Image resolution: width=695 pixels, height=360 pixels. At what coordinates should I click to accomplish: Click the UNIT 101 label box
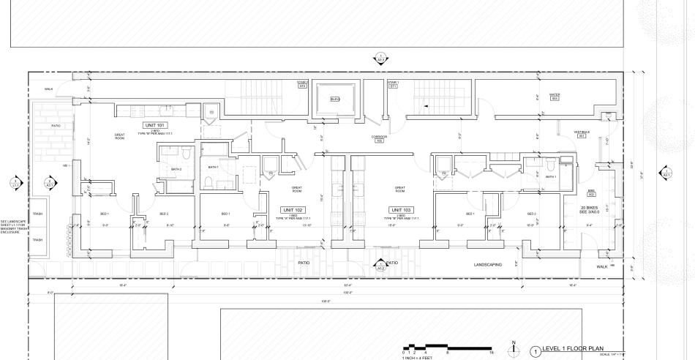coord(156,125)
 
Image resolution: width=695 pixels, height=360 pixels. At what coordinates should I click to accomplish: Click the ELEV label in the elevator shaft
coord(335,100)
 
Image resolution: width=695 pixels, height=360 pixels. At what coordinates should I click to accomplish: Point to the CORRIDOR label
coord(378,138)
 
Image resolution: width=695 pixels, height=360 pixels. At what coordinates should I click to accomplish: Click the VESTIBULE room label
coord(582,133)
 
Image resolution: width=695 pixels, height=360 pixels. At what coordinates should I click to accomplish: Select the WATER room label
coord(554,97)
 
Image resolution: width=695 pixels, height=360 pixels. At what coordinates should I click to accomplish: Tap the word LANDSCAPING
coord(488,264)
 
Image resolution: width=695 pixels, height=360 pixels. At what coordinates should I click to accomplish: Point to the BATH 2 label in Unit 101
coord(176,169)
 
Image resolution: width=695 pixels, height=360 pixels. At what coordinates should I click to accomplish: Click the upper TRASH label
coord(38,214)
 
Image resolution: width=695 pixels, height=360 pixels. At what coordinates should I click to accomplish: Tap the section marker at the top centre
coord(379,59)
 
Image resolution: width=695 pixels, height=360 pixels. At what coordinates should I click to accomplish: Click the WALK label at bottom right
coord(601,267)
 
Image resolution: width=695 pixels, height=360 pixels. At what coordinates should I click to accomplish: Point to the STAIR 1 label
coord(393,84)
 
